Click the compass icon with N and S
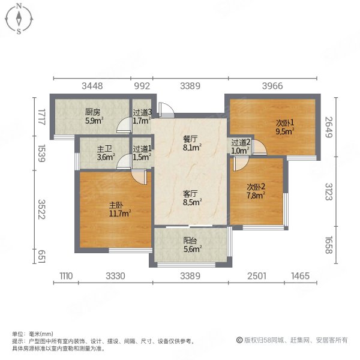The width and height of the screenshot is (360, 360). (x=20, y=18)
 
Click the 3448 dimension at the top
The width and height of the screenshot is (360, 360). (x=92, y=86)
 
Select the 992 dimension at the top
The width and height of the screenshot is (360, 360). (x=142, y=86)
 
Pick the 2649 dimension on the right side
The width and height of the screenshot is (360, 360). (x=328, y=127)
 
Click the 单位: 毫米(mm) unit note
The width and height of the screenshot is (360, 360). (x=33, y=334)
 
